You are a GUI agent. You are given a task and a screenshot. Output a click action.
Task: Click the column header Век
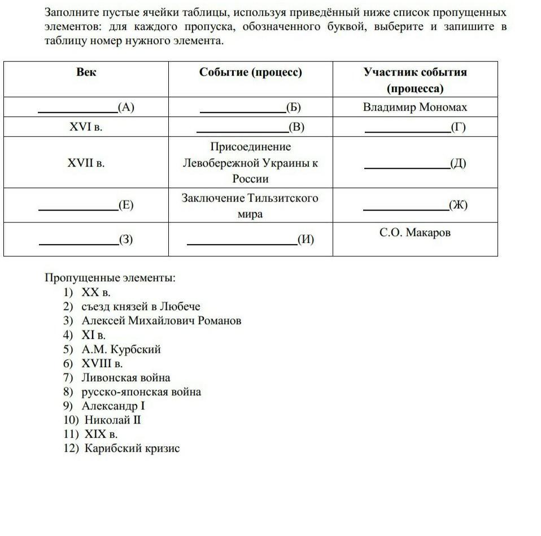[x=86, y=72]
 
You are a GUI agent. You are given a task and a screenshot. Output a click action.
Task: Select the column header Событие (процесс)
[x=250, y=72]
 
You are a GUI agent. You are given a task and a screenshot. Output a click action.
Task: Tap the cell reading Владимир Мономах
[x=415, y=107]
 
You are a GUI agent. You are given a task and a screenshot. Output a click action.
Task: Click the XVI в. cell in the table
[x=86, y=127]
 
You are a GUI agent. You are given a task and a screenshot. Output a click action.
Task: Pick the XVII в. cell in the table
[x=86, y=163]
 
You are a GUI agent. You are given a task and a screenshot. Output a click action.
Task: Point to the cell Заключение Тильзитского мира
[x=250, y=206]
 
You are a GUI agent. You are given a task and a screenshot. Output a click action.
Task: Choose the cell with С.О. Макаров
[x=415, y=233]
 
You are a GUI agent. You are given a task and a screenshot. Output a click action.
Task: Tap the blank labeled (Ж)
[x=405, y=204]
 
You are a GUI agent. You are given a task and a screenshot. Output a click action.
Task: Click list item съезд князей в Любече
[x=141, y=307]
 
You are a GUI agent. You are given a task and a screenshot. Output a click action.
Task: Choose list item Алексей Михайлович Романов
[x=161, y=321]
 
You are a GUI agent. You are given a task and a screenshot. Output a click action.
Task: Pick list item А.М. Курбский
[x=121, y=349]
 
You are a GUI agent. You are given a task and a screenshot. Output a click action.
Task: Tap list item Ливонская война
[x=125, y=378]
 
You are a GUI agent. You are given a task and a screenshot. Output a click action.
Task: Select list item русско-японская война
[x=141, y=392]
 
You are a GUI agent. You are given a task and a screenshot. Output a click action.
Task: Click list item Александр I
[x=113, y=406]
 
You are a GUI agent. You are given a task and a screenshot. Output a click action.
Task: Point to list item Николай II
[x=112, y=420]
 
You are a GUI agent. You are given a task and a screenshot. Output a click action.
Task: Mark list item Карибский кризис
[x=132, y=448]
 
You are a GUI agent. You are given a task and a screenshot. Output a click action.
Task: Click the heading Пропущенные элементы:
[x=110, y=278]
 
